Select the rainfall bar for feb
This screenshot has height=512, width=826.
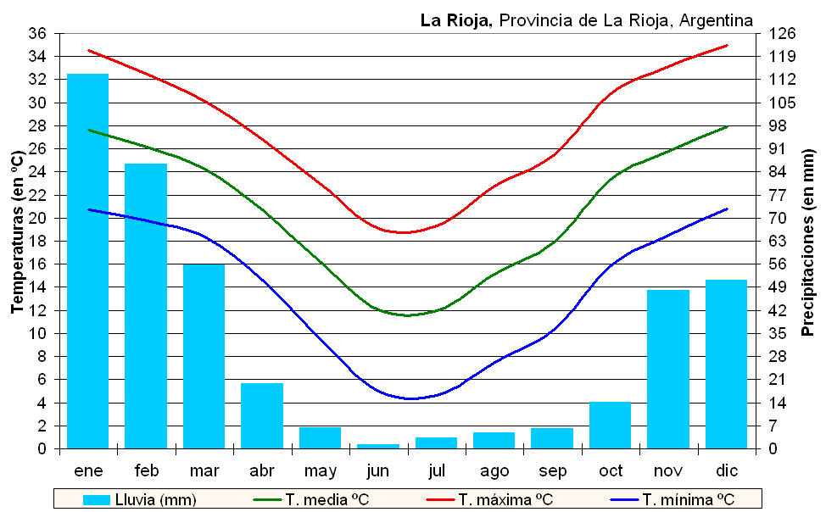[146, 306]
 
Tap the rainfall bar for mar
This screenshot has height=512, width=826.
[204, 356]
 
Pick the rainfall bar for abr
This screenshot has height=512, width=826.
[262, 415]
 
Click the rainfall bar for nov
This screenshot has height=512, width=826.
[668, 369]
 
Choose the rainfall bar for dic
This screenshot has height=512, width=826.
[726, 364]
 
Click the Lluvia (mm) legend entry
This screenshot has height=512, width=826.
[140, 499]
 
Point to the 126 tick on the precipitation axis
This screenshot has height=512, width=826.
[782, 34]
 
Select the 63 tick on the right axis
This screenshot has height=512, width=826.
[779, 241]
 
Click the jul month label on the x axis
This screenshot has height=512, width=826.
[436, 470]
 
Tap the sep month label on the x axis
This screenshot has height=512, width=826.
[552, 470]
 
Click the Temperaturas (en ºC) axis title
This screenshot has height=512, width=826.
[17, 233]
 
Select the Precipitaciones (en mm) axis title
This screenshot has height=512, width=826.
[808, 242]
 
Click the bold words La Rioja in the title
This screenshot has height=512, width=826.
[455, 20]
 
